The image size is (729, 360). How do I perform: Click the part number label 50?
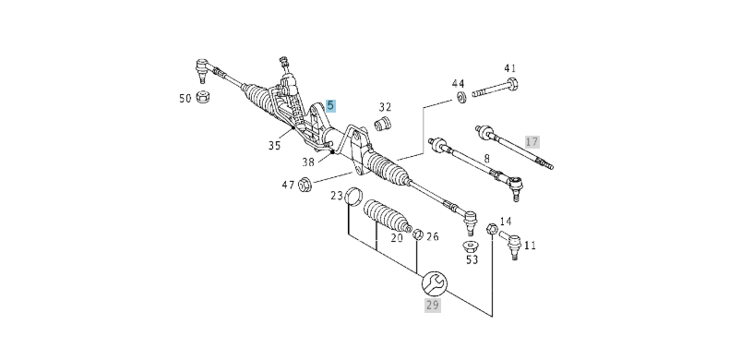[x=185, y=97]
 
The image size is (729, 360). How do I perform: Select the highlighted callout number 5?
[x=330, y=106]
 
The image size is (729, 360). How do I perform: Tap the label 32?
[x=385, y=107]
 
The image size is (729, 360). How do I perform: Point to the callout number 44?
[x=459, y=84]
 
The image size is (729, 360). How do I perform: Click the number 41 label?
[x=510, y=68]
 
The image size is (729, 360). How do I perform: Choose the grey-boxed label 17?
[x=532, y=141]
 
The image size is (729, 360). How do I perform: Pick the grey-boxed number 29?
[x=432, y=305]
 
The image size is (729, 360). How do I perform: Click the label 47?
[x=288, y=186]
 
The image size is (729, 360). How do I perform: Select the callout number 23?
[x=338, y=195]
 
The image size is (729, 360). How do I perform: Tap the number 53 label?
[x=472, y=260]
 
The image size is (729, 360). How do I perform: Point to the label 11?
[x=530, y=246]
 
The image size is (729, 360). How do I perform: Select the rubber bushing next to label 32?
[x=388, y=126]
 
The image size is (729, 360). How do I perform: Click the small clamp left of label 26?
[x=418, y=234]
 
